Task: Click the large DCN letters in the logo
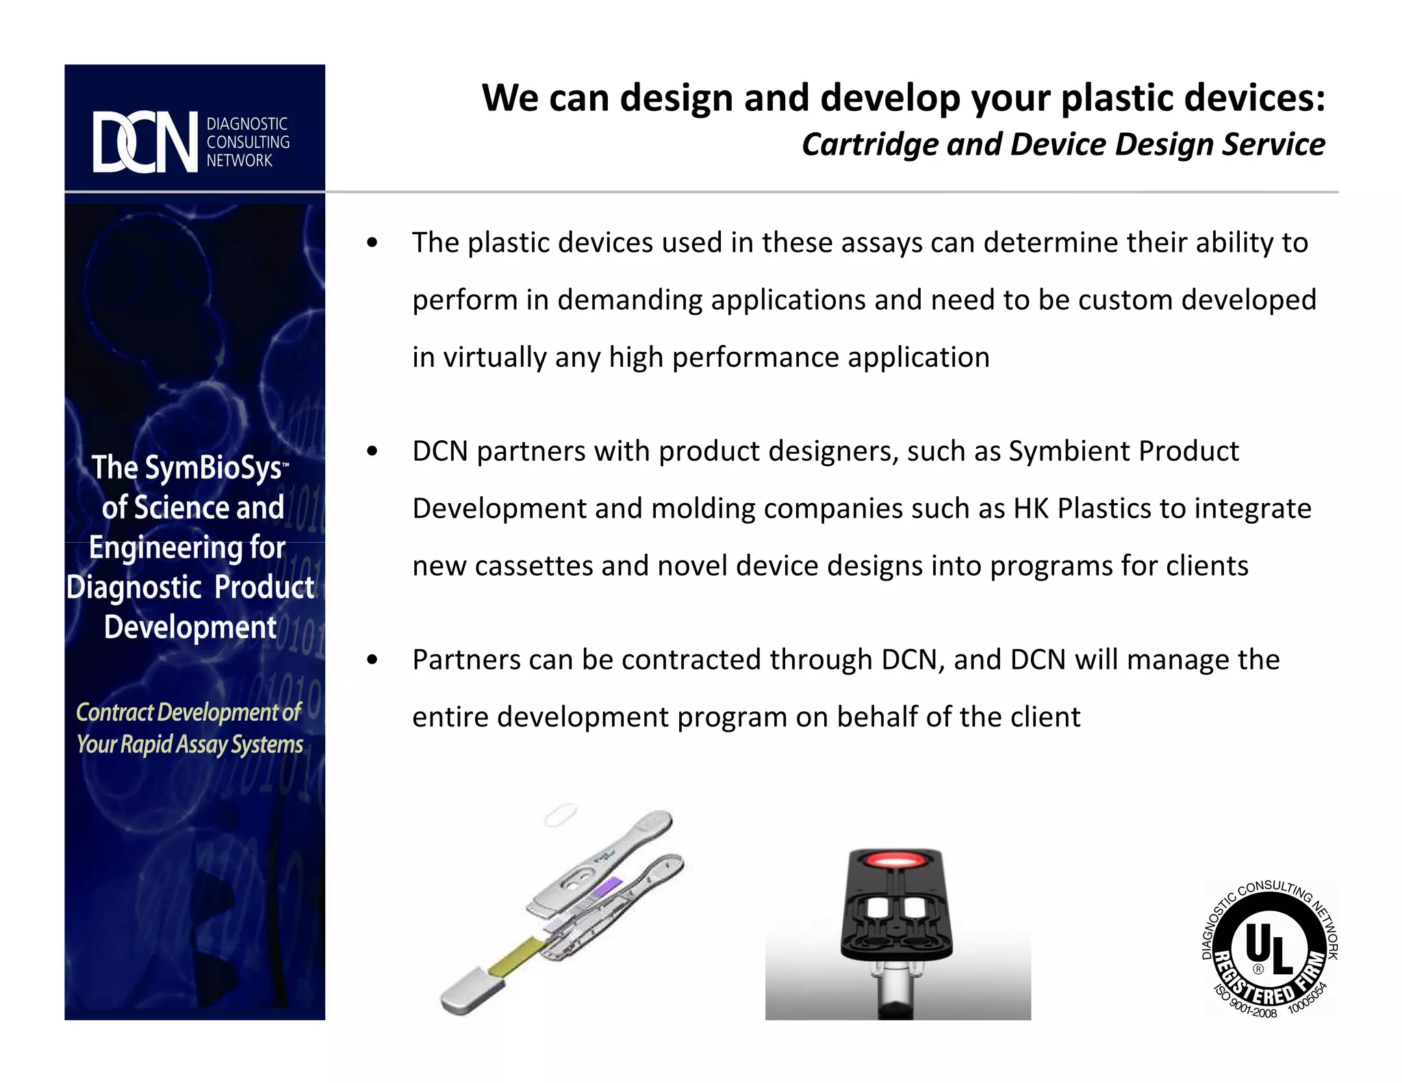[145, 142]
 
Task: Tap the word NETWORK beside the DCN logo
[240, 161]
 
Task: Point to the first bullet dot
[372, 243]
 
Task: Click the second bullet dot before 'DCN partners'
[372, 452]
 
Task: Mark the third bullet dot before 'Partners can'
[372, 660]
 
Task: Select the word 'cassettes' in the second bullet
[533, 567]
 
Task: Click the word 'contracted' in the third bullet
[691, 660]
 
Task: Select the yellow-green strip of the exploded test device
[517, 955]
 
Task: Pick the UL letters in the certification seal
[1269, 947]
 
